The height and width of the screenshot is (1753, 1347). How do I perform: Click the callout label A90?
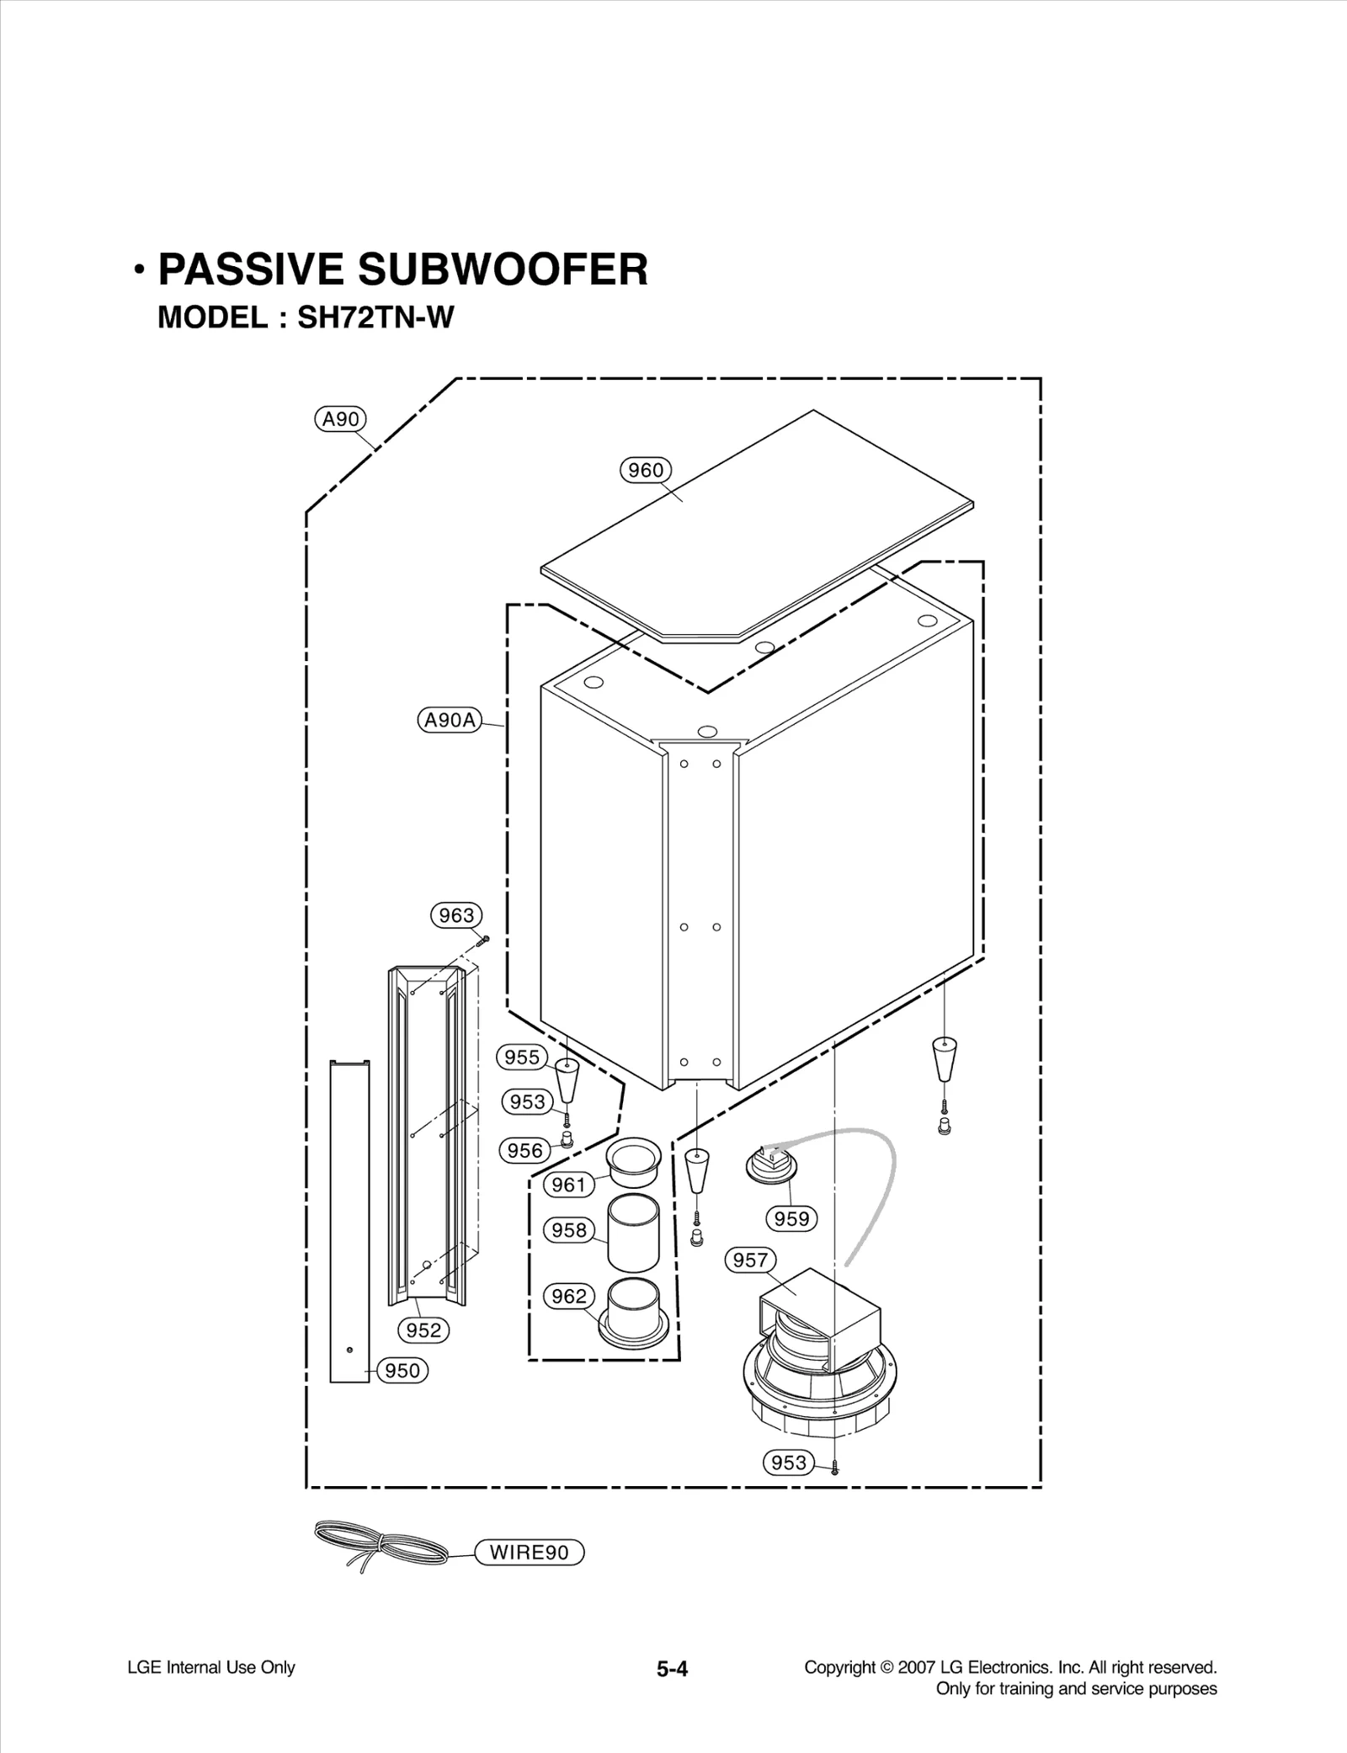[x=340, y=418]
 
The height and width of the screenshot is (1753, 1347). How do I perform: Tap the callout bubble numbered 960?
[x=646, y=470]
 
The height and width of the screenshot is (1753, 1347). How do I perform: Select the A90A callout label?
[x=450, y=720]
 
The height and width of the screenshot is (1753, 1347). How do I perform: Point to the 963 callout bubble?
[x=457, y=915]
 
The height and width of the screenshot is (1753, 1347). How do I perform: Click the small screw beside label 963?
[x=482, y=940]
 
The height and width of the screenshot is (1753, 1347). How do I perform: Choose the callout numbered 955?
[x=522, y=1057]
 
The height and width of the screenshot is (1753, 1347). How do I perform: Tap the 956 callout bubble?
[x=525, y=1150]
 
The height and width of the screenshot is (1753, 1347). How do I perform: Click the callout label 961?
[x=569, y=1185]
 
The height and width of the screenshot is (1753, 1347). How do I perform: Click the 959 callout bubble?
[x=791, y=1218]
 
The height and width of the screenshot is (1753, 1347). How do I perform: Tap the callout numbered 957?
[x=749, y=1260]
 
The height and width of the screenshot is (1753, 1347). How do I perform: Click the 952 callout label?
[x=423, y=1330]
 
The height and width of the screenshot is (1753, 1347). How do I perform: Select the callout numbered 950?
[x=402, y=1371]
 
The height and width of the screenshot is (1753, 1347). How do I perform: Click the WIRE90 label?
[x=530, y=1553]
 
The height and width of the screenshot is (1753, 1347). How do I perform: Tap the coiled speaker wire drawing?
[x=383, y=1546]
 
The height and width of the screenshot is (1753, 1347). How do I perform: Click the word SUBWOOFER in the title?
[x=503, y=269]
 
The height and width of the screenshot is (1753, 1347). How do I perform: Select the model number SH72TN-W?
[x=375, y=317]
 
